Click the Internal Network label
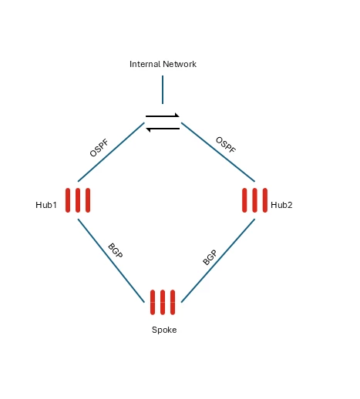[163, 64]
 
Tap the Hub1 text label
[46, 205]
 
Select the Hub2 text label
[281, 205]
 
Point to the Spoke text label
[164, 330]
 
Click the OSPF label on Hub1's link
[99, 148]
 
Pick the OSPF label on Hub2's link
[226, 145]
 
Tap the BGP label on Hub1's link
[116, 250]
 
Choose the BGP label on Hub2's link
[210, 257]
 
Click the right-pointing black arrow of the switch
[163, 116]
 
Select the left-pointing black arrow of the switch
[163, 129]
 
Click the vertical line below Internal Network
[163, 89]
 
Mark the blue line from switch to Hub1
[111, 152]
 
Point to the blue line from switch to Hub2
[218, 152]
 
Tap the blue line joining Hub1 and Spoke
[111, 260]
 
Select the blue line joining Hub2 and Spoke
[218, 260]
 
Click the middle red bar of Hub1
[78, 200]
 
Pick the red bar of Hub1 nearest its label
[68, 200]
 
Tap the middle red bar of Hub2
[254, 200]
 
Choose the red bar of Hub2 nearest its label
[265, 200]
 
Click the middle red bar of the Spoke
[163, 302]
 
